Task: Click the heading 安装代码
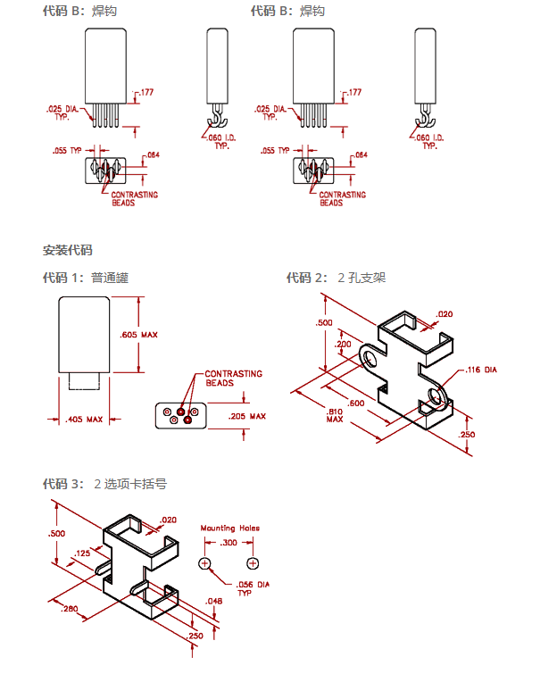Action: (67, 250)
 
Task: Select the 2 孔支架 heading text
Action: (362, 278)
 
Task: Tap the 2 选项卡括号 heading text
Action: (130, 484)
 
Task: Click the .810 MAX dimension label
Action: (335, 414)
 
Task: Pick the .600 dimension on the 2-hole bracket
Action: (357, 403)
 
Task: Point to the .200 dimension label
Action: (342, 344)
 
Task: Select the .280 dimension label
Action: (70, 608)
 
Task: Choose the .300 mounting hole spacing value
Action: (229, 542)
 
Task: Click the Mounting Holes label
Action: (229, 528)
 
